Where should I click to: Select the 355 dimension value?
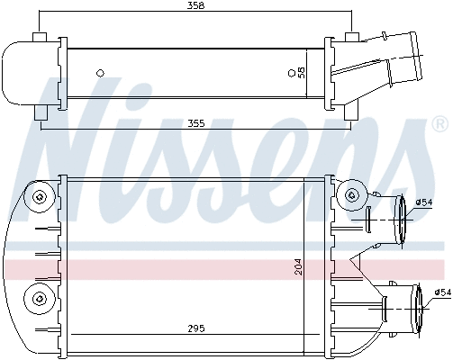click(x=195, y=124)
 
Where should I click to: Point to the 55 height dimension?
click(x=301, y=71)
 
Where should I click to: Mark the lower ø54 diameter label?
click(x=441, y=292)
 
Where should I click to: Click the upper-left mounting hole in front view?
click(x=39, y=197)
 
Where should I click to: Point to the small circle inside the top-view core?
click(x=100, y=72)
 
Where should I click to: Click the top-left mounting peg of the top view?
click(x=39, y=37)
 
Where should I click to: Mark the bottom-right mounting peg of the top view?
click(x=351, y=113)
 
